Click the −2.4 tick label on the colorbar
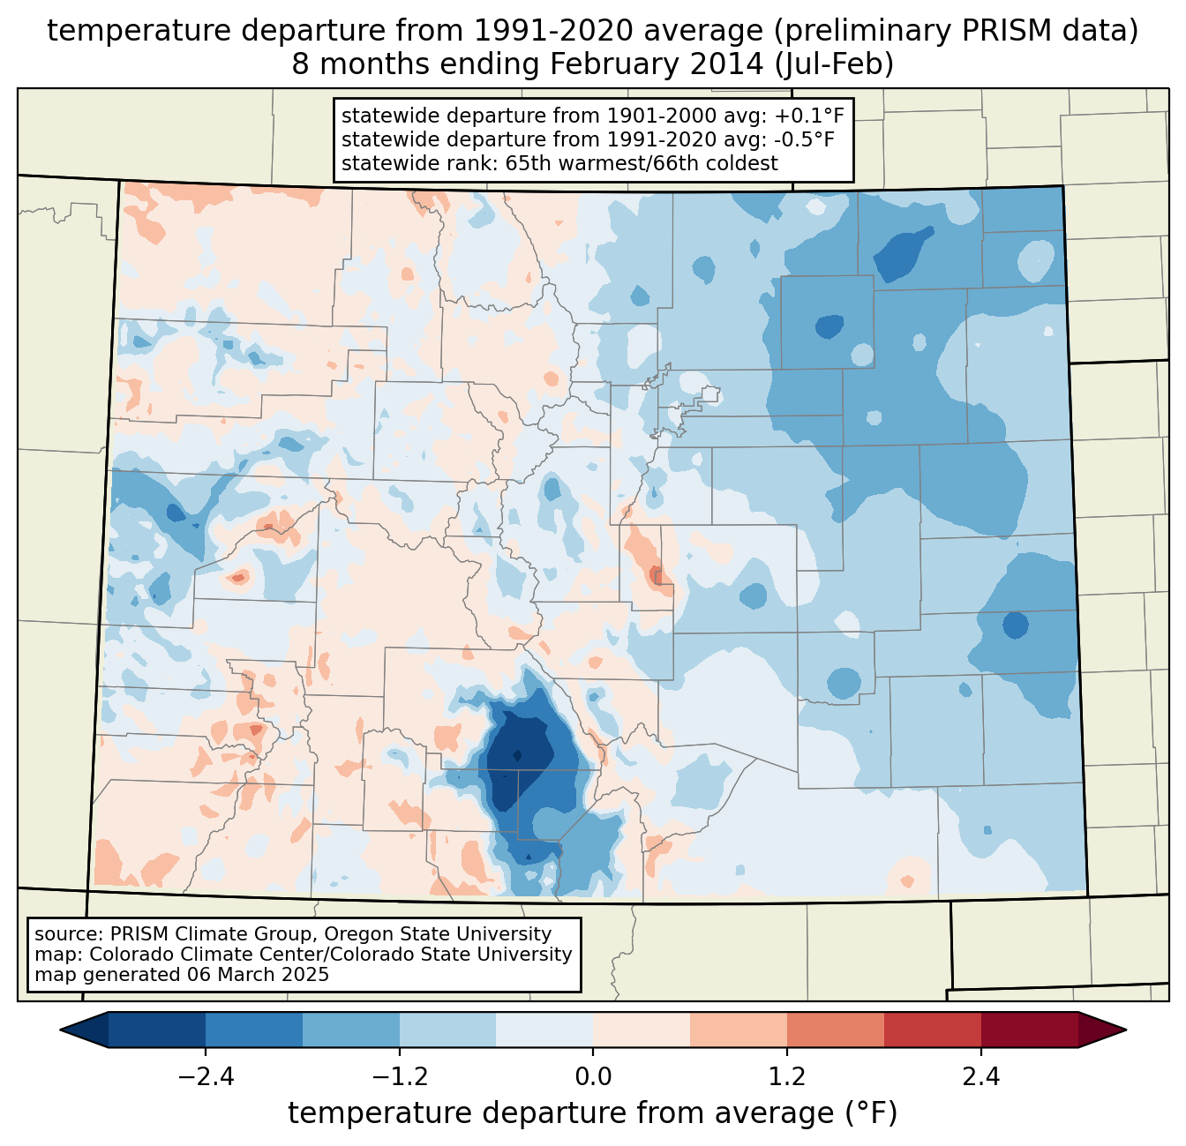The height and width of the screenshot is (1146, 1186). [x=205, y=1077]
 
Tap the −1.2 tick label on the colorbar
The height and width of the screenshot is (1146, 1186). [x=399, y=1077]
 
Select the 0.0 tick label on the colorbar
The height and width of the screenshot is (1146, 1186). [x=593, y=1077]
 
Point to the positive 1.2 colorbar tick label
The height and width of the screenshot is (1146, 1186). [x=787, y=1077]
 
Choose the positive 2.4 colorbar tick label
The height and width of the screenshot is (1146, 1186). [x=981, y=1077]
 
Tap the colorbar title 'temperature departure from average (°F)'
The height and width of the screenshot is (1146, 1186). [x=593, y=1112]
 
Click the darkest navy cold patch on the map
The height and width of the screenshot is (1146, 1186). [x=519, y=754]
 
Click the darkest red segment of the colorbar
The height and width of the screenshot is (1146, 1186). [x=1029, y=1030]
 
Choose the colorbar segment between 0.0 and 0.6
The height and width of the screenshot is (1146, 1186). [x=642, y=1030]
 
